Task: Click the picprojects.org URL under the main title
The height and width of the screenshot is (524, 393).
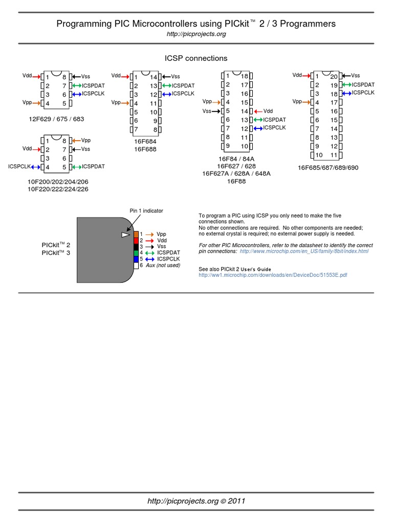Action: [x=196, y=34]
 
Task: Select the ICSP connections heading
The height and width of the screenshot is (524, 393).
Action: [x=196, y=58]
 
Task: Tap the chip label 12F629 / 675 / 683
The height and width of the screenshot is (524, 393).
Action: [x=56, y=119]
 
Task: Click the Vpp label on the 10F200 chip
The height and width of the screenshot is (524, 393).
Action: [x=86, y=140]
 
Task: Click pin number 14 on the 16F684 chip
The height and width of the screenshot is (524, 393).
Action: [x=153, y=77]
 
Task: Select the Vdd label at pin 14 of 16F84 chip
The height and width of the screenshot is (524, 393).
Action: [x=268, y=111]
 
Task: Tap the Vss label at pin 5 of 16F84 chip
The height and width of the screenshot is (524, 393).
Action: [x=207, y=111]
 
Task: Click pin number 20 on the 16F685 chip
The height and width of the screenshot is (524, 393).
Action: [x=334, y=76]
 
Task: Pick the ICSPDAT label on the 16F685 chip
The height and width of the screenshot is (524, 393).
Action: [x=363, y=84]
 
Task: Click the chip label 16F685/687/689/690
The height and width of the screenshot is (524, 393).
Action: [x=328, y=167]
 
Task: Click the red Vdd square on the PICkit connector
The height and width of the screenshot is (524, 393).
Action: [x=136, y=240]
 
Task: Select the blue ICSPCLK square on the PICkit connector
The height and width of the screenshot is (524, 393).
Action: [x=136, y=258]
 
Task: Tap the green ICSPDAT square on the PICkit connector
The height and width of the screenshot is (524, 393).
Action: [x=136, y=252]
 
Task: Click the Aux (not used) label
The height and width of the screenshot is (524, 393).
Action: [x=163, y=265]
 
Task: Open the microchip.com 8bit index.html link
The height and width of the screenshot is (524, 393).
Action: [x=303, y=251]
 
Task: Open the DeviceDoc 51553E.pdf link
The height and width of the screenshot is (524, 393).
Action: [x=273, y=275]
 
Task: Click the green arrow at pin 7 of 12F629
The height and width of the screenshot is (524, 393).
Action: [x=77, y=85]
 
